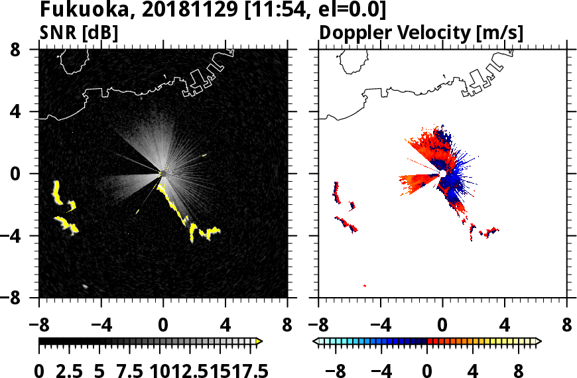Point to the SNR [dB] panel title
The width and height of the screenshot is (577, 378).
coord(79,32)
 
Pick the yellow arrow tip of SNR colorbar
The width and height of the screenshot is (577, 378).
coord(259,342)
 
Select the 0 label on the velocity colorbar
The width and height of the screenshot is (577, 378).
coord(427,369)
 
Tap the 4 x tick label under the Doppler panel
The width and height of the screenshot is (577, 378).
coord(505,327)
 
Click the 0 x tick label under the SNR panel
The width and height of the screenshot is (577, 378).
coord(163,327)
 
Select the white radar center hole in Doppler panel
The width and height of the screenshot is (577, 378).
coord(442,174)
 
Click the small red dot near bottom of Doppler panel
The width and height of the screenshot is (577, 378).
coord(365,286)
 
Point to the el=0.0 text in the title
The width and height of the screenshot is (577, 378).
coord(350,11)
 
